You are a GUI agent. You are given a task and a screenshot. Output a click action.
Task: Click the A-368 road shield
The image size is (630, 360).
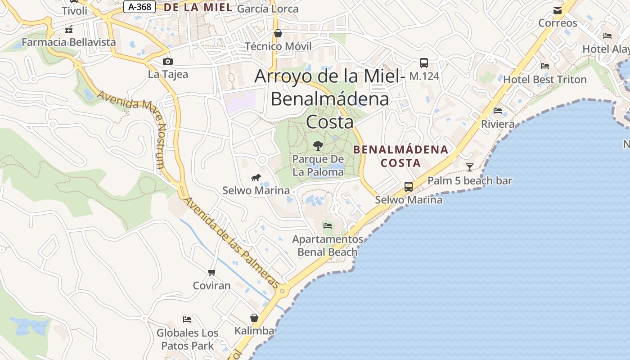tap(139, 7)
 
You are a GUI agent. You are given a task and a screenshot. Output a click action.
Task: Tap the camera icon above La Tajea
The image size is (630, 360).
tap(168, 62)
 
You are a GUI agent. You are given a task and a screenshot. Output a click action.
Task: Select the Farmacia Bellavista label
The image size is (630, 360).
tap(69, 42)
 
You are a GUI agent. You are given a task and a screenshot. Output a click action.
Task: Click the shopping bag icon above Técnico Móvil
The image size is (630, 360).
tap(278, 33)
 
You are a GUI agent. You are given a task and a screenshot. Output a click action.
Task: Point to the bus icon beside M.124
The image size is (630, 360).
tap(423, 63)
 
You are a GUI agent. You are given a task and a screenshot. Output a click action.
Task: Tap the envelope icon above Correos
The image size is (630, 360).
tap(558, 10)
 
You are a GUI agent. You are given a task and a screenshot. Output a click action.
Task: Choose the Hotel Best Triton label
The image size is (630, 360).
tap(544, 80)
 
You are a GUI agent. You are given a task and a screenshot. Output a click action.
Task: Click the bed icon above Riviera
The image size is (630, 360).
tap(498, 110)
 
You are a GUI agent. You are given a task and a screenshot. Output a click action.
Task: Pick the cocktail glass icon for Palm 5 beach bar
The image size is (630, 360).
tap(470, 167)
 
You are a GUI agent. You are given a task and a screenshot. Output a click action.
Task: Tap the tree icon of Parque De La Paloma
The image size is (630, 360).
tap(318, 145)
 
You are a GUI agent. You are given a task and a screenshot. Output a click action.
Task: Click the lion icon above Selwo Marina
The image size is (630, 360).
tap(256, 178)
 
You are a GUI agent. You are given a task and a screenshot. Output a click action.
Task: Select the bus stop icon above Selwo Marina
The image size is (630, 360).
tap(409, 186)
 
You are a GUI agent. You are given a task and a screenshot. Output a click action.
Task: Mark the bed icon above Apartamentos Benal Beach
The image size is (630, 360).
tap(328, 226)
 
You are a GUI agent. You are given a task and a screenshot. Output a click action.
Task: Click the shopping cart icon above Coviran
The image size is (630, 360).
tap(212, 272)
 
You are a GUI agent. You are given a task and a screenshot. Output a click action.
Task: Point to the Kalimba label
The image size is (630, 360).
tap(254, 331)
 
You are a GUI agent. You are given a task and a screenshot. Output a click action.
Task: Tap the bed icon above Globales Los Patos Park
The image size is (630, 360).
tap(187, 319)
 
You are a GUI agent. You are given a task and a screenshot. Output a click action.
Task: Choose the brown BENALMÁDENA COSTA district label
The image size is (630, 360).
tap(400, 156)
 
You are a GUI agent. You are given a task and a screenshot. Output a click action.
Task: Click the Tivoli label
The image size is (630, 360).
tap(75, 11)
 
